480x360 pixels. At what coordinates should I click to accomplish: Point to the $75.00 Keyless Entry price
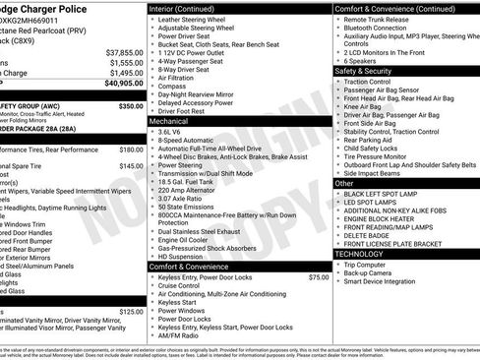[x=318, y=277]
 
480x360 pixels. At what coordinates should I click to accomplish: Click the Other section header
[x=345, y=183]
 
